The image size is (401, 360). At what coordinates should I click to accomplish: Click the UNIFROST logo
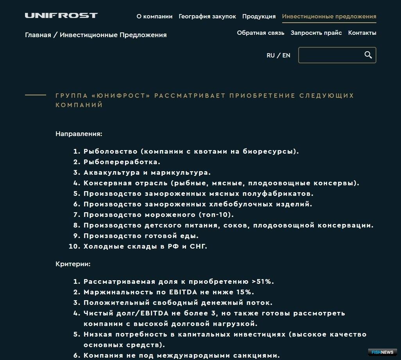(61, 16)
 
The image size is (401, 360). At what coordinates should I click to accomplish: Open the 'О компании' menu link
(154, 16)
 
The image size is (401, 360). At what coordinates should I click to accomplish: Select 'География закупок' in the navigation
(207, 16)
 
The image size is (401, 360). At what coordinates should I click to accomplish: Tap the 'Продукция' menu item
(259, 16)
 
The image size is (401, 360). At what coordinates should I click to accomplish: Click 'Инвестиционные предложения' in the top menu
(329, 16)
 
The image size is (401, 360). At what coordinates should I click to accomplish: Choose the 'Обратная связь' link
(260, 33)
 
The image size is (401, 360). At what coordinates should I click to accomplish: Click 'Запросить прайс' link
(316, 33)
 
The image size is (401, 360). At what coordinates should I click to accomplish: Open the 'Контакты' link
(362, 33)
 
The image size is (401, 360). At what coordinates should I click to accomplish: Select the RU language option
(270, 56)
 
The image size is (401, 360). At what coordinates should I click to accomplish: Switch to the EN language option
(286, 56)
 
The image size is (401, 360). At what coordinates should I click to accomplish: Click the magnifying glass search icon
(368, 55)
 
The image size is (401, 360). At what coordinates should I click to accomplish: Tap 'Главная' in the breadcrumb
(38, 35)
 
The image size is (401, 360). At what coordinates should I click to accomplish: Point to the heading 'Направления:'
(79, 134)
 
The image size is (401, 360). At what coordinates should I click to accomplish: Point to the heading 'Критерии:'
(73, 264)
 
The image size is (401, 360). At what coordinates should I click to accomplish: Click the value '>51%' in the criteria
(263, 281)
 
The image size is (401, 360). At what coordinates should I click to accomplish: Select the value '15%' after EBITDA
(245, 292)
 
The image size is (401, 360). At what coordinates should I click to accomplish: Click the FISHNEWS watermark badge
(382, 352)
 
